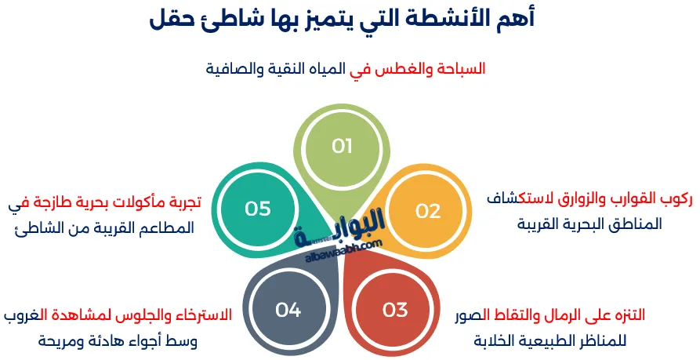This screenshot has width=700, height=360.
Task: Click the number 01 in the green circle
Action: point(343,146)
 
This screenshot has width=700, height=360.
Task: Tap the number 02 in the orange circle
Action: point(428,210)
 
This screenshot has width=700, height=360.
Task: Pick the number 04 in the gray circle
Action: point(288,310)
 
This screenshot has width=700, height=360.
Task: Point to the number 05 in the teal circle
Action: point(258,209)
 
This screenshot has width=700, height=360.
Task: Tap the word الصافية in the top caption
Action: point(230,68)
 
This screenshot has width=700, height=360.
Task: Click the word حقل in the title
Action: point(170,20)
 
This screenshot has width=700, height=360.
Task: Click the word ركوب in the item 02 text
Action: point(673,199)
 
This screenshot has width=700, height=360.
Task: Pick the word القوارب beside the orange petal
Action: point(626,199)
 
